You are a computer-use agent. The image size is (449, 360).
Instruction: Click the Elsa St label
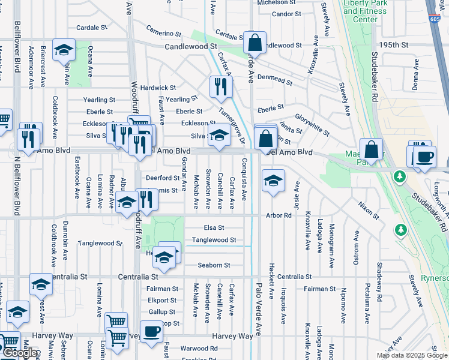214,228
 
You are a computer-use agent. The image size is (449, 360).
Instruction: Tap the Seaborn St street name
214,265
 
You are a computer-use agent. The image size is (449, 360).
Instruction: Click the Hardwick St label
158,88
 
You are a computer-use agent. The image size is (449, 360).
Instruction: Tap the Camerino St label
163,32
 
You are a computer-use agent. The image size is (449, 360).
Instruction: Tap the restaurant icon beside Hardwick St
221,86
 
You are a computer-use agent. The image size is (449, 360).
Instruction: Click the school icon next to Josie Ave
273,181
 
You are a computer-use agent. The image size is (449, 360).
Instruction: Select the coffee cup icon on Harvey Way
152,331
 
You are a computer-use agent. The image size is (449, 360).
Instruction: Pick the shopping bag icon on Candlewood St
255,43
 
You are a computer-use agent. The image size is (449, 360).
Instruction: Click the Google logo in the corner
20,353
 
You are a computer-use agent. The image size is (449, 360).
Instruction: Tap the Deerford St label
163,178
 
